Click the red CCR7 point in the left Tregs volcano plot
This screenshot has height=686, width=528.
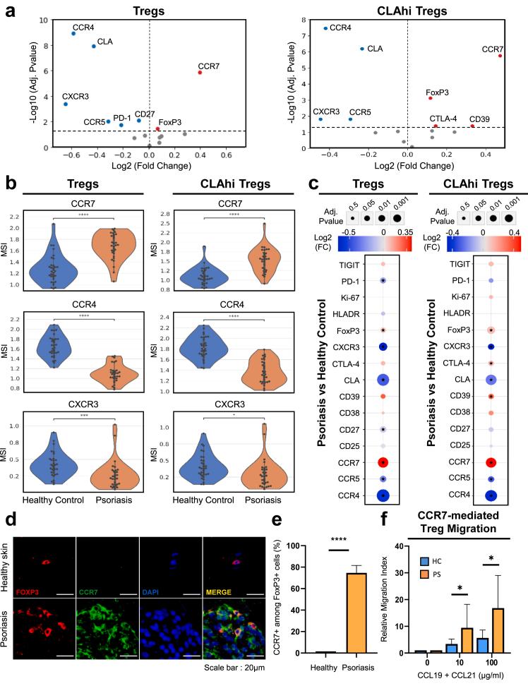click(200, 72)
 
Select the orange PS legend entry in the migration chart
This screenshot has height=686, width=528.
click(424, 562)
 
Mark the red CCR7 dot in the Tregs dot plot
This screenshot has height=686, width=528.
click(382, 462)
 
